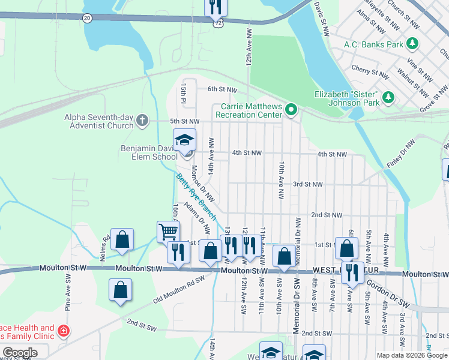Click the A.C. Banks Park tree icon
coord(412,44)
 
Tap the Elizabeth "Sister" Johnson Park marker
coord(388,96)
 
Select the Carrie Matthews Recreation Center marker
coord(291,109)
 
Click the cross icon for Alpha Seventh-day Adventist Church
coord(142,121)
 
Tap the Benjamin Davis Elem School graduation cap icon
coord(184,140)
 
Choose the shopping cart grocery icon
coord(168,231)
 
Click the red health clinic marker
coord(63,331)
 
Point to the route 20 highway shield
coord(88,19)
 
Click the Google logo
coord(20,353)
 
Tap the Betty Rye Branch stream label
coord(196,196)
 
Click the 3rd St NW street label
coord(308,184)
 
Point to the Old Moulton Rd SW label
coord(178,287)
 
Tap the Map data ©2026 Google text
coord(412,355)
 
